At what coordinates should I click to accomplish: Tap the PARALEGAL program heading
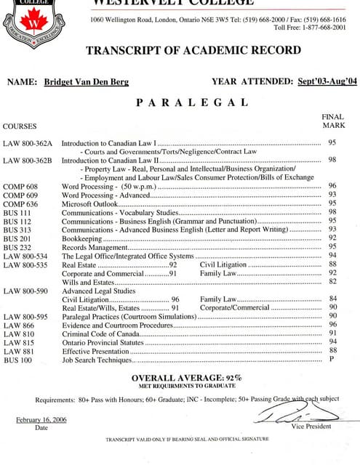(x=181, y=102)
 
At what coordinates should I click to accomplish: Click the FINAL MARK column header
(x=332, y=121)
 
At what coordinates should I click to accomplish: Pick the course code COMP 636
(x=20, y=204)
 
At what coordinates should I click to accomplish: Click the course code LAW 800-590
(x=25, y=291)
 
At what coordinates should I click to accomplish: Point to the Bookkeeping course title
(x=82, y=238)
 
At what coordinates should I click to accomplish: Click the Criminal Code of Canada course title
(x=100, y=333)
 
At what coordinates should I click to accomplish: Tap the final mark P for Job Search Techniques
(x=332, y=359)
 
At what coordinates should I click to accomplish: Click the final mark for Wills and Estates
(x=332, y=281)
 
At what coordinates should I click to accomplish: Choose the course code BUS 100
(x=17, y=360)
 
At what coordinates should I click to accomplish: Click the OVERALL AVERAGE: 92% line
(x=187, y=378)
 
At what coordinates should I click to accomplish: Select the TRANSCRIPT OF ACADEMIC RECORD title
(x=193, y=50)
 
